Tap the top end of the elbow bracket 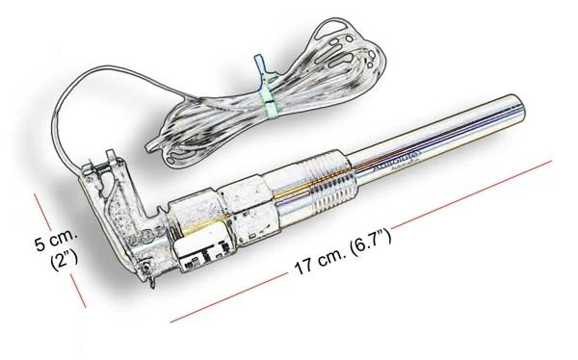coord(109,157)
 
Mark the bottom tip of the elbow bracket coord(150,282)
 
